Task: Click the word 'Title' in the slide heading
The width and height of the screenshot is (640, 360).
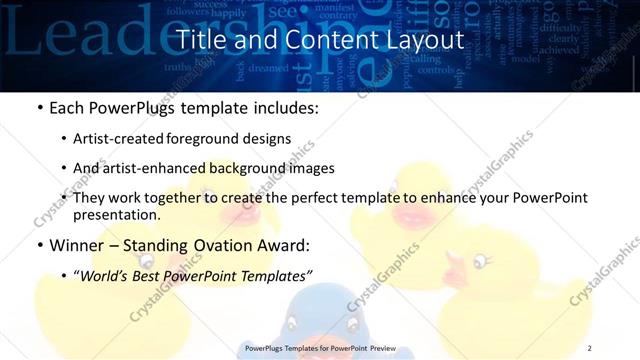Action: pyautogui.click(x=199, y=40)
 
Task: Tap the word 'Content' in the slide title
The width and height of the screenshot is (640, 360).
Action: pyautogui.click(x=329, y=40)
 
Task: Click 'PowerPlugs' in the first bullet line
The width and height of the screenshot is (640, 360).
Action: pyautogui.click(x=128, y=108)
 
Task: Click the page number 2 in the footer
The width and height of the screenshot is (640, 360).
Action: pyautogui.click(x=589, y=347)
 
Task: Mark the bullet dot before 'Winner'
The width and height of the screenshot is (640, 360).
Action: pyautogui.click(x=39, y=245)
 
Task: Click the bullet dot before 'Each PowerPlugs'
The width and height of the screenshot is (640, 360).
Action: pyautogui.click(x=39, y=108)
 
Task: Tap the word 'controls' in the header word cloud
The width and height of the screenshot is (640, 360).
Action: pyautogui.click(x=435, y=70)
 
